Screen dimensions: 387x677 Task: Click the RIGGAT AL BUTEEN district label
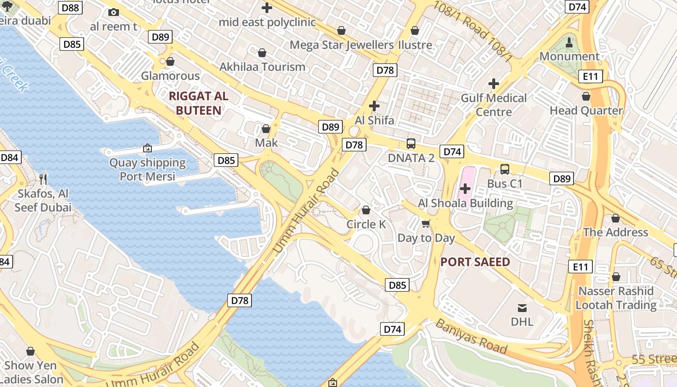point(198,103)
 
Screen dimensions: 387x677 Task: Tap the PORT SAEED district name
point(475,262)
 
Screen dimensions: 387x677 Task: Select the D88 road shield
point(71,8)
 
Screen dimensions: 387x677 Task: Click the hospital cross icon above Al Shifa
point(374,105)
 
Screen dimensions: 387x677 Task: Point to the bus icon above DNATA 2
point(411,143)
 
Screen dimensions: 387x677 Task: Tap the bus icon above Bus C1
point(504,169)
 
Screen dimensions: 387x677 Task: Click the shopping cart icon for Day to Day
point(426,223)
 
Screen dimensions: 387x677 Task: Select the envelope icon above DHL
point(522,308)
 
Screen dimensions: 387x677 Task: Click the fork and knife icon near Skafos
point(43,179)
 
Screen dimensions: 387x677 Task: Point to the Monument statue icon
point(569,42)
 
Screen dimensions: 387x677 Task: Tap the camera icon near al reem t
point(114,12)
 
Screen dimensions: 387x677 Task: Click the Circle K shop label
point(366,224)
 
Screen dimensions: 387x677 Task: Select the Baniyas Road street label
point(471,336)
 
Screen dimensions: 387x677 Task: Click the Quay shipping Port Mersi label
point(147,169)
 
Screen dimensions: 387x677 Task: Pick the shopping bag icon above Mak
point(265,129)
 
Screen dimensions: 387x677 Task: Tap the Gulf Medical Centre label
point(493,104)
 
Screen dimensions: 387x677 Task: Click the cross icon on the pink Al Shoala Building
point(465,188)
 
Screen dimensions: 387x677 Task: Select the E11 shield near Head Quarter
point(590,76)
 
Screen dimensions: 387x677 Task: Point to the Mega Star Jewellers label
point(342,45)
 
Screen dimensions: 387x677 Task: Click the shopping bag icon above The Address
point(615,218)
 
